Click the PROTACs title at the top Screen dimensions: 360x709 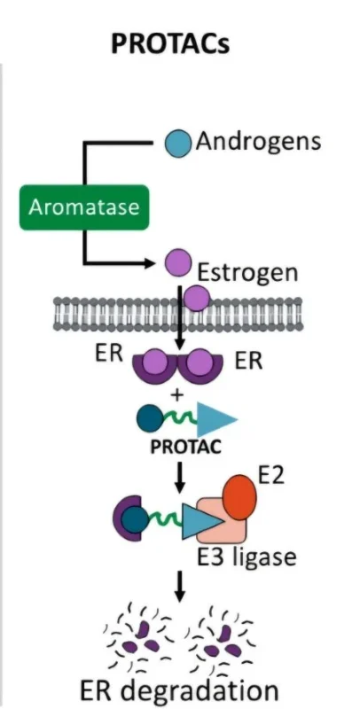pos(170,44)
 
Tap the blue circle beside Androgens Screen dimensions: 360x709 pos(177,143)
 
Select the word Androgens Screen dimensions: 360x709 pos(258,141)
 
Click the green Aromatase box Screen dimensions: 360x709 pos(84,207)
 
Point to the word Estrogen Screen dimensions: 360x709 pos(248,273)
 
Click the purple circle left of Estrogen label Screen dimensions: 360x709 pos(177,261)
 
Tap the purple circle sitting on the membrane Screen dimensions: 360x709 pos(197,298)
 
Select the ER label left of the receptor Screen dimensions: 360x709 pos(109,354)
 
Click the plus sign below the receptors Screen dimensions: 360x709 pos(176,394)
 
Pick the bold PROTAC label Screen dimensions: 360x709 pos(185,447)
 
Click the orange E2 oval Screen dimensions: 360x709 pos(239,497)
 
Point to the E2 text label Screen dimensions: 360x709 pos(271,476)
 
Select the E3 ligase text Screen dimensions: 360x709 pos(247,556)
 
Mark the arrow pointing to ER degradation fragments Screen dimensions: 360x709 pos(180,587)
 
